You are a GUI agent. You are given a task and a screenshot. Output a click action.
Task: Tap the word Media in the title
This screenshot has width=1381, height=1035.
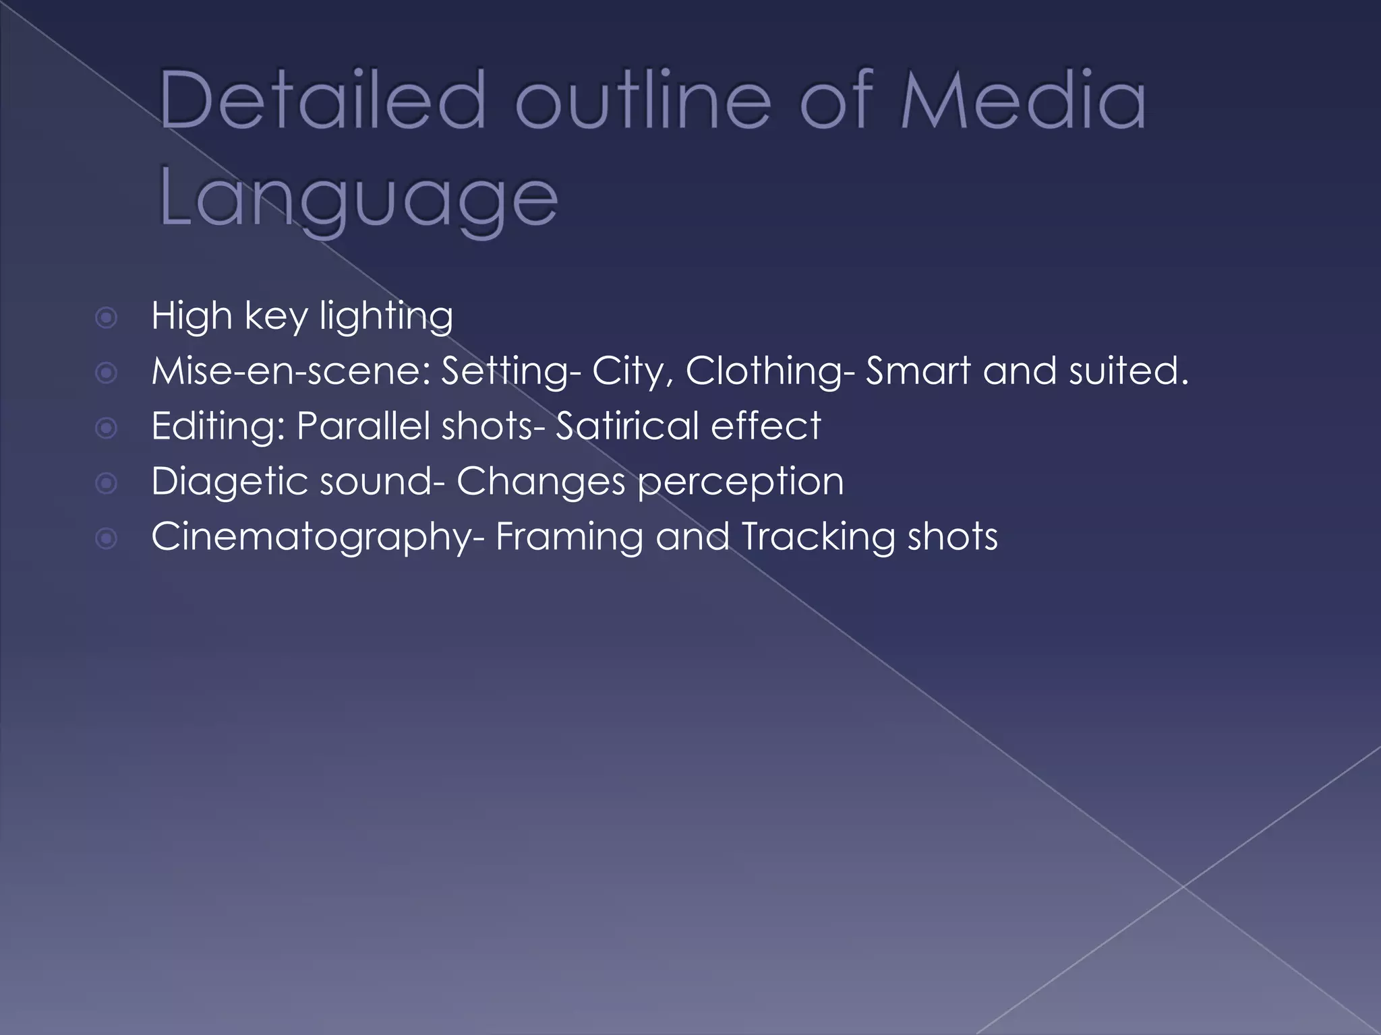click(x=1022, y=102)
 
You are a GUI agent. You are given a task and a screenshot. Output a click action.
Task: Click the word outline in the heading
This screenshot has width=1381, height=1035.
click(x=643, y=102)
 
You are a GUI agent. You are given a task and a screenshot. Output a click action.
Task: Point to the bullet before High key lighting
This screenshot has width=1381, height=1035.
click(x=107, y=317)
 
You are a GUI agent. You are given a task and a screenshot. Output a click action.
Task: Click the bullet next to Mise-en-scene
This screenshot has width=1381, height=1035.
click(x=107, y=373)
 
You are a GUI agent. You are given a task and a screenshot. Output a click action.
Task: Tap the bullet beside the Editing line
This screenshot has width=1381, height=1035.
click(x=107, y=428)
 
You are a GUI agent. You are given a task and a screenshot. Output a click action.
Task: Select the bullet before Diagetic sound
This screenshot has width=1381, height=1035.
click(x=107, y=483)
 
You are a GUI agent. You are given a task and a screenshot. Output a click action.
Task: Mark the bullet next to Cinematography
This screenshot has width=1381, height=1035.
click(x=107, y=538)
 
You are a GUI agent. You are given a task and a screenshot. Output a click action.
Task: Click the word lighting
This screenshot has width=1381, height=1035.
click(x=386, y=317)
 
